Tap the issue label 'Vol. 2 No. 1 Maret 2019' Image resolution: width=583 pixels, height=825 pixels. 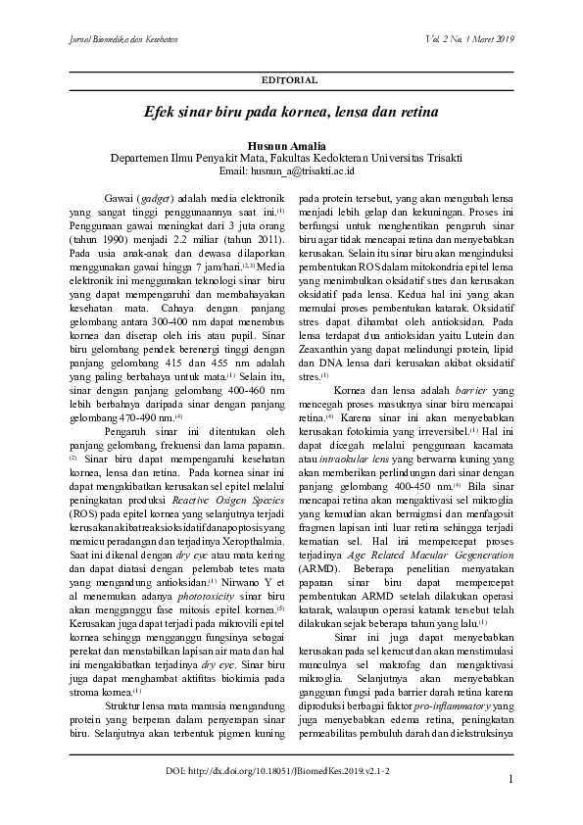[x=469, y=39]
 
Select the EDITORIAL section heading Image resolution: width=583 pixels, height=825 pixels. [x=291, y=78]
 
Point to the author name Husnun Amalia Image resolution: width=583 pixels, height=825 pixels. [x=291, y=145]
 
